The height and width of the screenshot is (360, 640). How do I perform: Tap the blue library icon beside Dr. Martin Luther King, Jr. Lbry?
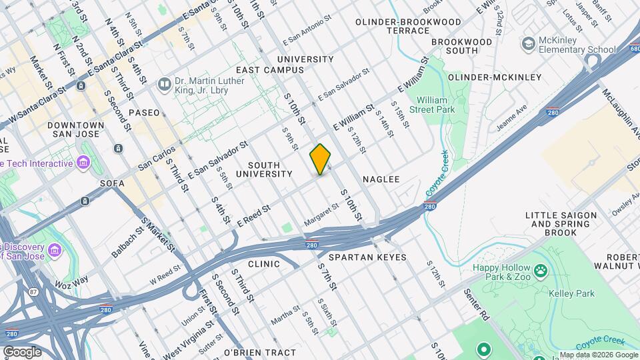pos(163,85)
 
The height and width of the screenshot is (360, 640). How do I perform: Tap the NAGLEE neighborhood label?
pos(381,179)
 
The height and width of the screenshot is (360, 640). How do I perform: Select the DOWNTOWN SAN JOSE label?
pos(75,129)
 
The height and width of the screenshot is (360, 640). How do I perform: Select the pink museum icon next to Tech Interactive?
pos(83,163)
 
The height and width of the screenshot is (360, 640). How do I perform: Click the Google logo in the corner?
pos(21,351)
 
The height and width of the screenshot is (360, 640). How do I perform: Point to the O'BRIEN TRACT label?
pos(260,352)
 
